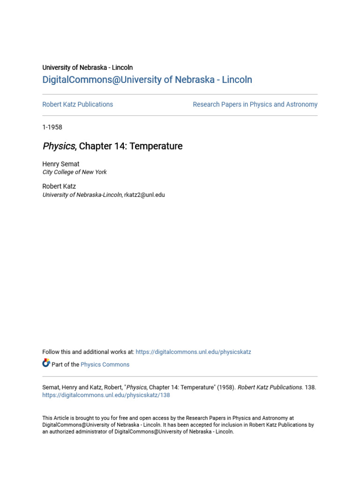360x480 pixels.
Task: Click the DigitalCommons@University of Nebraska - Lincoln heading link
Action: pos(147,80)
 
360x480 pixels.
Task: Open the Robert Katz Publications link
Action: pos(77,105)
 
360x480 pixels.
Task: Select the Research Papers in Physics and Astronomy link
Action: pos(255,105)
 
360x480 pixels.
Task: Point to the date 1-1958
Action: pos(52,127)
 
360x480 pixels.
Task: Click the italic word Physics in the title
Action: pos(59,146)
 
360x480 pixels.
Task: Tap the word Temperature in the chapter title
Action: pos(156,146)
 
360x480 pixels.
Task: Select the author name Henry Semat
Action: pos(61,164)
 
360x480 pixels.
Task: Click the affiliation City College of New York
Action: pos(75,172)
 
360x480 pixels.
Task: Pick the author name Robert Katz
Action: pos(59,187)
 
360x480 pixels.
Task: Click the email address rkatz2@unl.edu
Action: pos(144,195)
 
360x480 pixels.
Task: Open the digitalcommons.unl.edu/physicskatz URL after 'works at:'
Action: pos(193,352)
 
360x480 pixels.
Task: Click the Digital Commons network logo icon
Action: pos(46,363)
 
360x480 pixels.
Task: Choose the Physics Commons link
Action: pos(105,365)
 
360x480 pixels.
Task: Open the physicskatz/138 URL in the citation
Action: pos(106,395)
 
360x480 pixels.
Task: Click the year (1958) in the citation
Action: pos(226,388)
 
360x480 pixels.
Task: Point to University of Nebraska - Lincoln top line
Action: pos(88,67)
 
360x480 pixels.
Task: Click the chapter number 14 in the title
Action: pos(119,146)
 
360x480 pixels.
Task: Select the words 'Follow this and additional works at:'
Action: pos(88,352)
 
